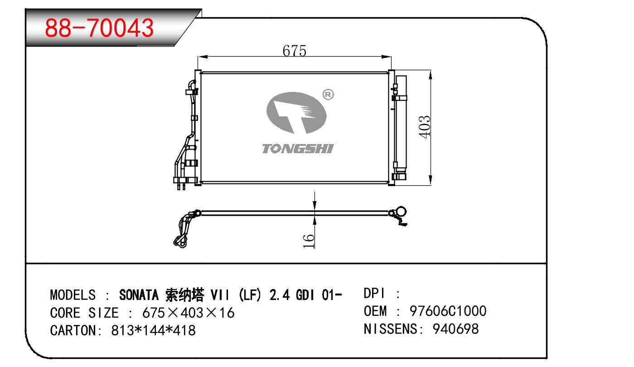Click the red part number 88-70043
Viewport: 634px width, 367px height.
(x=99, y=28)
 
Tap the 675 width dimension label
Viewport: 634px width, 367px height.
(x=295, y=51)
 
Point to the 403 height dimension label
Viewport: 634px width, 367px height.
(x=425, y=127)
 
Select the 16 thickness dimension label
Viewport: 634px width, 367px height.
(x=309, y=241)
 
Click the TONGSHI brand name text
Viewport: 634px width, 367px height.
(x=298, y=149)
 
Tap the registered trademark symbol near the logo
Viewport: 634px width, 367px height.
(x=328, y=95)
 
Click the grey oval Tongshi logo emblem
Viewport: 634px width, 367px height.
(x=296, y=113)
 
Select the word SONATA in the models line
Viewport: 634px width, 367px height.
(x=139, y=295)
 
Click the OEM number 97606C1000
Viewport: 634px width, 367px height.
(x=448, y=311)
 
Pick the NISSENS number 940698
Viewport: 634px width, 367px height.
(x=456, y=329)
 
